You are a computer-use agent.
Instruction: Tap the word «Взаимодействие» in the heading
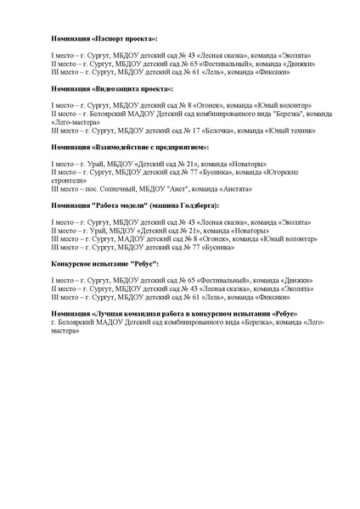tap(132, 146)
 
